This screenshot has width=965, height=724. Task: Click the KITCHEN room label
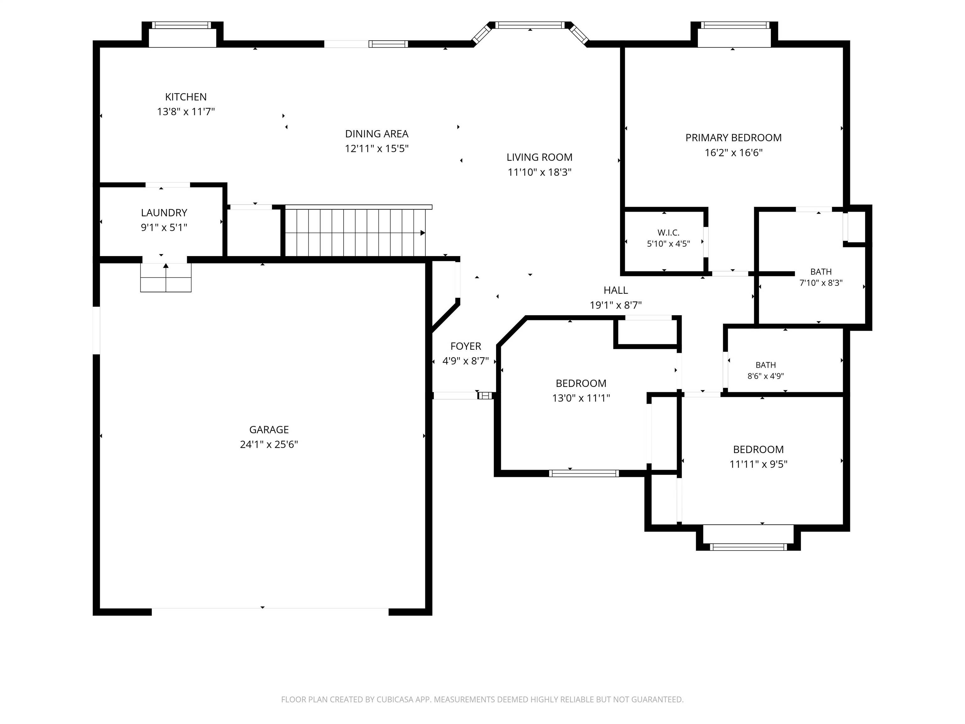(186, 97)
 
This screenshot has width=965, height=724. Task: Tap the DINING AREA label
(377, 134)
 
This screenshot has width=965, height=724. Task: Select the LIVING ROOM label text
(539, 157)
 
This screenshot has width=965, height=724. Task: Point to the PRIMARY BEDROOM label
(733, 138)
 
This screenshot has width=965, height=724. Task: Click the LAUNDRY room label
(164, 213)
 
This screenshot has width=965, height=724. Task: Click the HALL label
(616, 291)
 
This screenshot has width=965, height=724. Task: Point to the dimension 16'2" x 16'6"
(733, 153)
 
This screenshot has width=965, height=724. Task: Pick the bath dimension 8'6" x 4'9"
(766, 376)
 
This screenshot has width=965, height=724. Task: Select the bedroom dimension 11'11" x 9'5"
(758, 464)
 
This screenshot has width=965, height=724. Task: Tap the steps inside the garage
(166, 277)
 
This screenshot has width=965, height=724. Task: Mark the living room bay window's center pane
(530, 25)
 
